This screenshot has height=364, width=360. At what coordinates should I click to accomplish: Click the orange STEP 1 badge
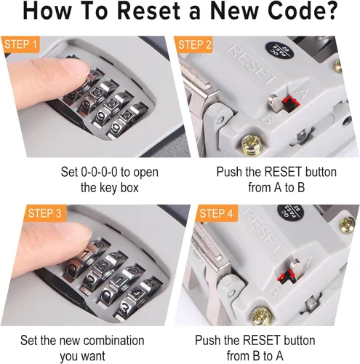20,44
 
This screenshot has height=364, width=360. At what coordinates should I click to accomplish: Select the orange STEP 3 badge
45,213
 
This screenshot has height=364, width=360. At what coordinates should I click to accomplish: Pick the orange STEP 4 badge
216,213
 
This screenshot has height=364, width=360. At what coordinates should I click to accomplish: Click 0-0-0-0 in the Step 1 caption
99,172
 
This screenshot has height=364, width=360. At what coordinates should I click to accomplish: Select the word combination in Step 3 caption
114,340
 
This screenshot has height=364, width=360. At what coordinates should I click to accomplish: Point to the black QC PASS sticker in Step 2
280,52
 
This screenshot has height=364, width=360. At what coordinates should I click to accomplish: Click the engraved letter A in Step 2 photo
302,92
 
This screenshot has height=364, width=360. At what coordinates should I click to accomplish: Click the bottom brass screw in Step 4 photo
262,315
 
